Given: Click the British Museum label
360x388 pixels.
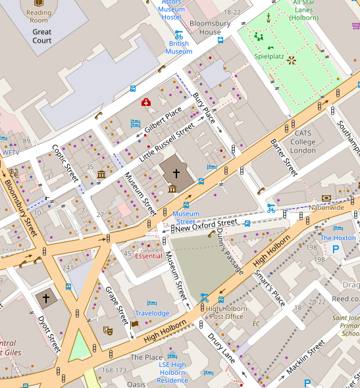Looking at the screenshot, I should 178,47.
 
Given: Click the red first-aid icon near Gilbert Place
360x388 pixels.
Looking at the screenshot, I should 146,102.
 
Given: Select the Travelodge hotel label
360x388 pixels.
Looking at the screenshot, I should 152,313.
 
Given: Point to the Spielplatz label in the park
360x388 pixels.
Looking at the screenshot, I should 269,57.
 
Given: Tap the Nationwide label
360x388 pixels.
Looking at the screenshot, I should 326,207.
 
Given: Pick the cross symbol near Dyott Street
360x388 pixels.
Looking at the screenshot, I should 46,298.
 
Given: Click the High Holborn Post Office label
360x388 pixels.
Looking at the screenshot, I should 224,312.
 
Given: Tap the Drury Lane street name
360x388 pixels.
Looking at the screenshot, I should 222,347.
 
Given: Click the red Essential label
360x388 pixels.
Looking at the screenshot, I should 148,256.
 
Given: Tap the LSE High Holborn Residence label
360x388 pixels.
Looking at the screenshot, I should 172,372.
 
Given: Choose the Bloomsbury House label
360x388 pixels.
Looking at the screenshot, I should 205,27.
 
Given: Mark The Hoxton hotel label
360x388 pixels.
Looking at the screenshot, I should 338,237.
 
